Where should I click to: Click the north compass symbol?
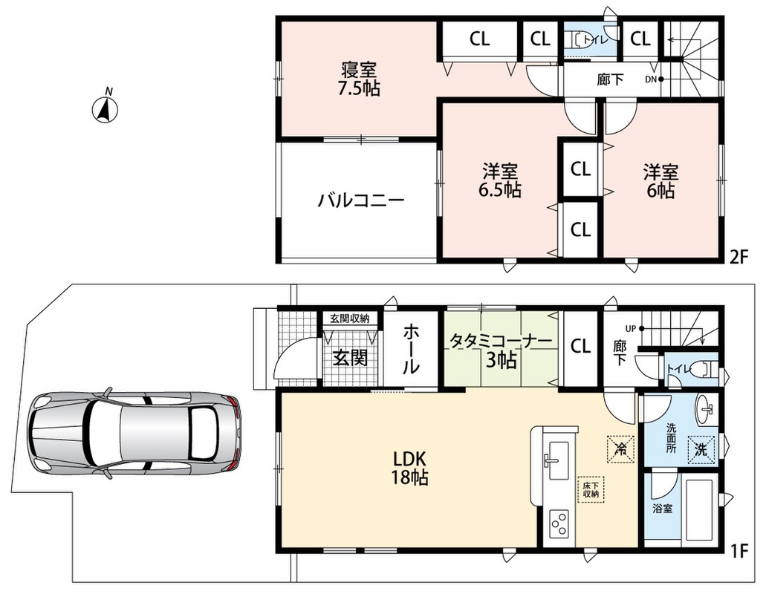(x=105, y=108)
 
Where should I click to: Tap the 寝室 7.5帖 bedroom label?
(x=359, y=79)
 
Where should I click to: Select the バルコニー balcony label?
(x=361, y=200)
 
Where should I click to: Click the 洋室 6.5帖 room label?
(x=499, y=180)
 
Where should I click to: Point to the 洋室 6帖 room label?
(x=660, y=180)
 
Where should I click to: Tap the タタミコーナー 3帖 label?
(x=502, y=351)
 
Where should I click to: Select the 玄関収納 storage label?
(x=349, y=319)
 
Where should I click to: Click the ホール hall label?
(x=411, y=350)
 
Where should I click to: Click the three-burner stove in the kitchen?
(x=559, y=524)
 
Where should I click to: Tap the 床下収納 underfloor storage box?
(x=590, y=489)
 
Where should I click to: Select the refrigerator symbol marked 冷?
(x=621, y=448)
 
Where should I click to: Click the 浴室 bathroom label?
(x=663, y=508)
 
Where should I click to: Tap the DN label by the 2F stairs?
(x=651, y=79)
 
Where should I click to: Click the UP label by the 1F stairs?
(x=631, y=328)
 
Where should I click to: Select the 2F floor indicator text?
(x=739, y=256)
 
